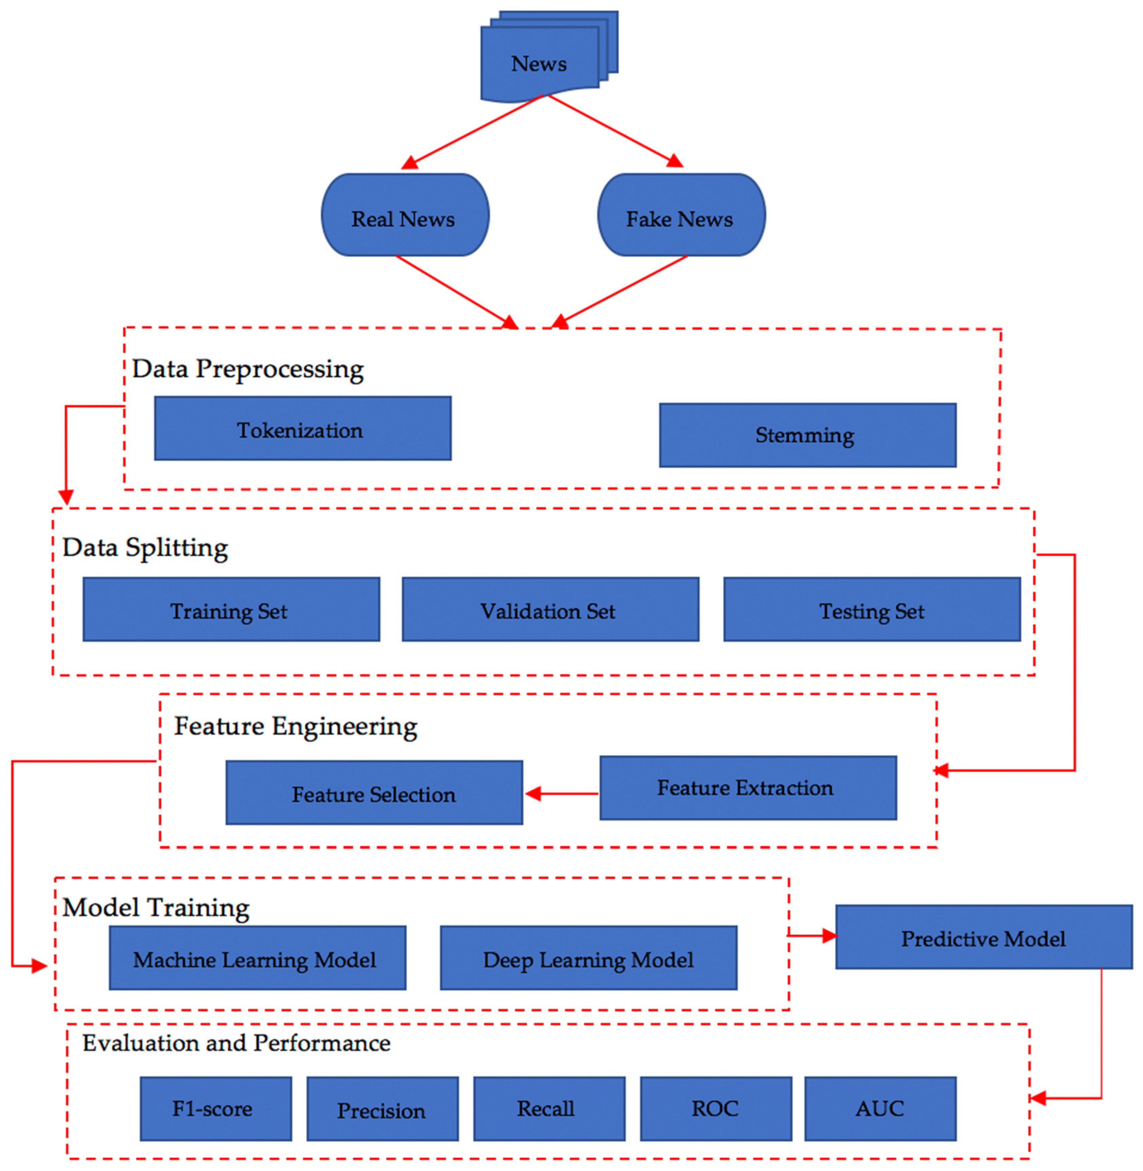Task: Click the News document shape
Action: [x=539, y=63]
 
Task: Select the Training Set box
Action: [x=231, y=610]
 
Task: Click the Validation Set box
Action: [x=550, y=610]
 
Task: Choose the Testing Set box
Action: [x=872, y=610]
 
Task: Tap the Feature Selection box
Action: [x=374, y=793]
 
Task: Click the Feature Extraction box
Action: [x=748, y=788]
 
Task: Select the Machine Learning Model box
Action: [x=257, y=958]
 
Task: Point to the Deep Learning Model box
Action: [x=588, y=958]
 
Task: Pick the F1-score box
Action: [x=215, y=1109]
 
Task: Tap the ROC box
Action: [x=716, y=1109]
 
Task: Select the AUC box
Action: [x=880, y=1109]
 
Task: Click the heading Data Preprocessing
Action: [x=247, y=368]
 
